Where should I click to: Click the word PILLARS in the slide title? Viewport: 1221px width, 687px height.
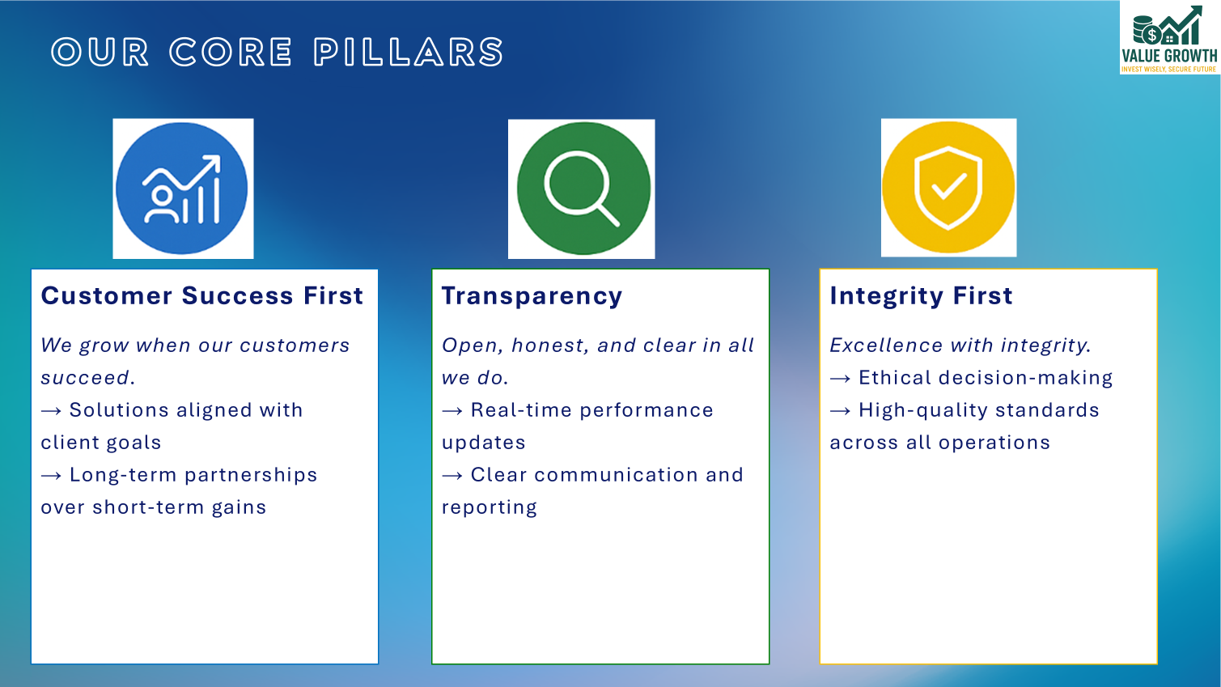pos(409,53)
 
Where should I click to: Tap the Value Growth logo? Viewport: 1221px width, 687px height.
pos(1169,38)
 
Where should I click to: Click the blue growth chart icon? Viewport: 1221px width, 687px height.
pos(183,189)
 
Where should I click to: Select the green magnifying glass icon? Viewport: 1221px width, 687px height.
pos(582,189)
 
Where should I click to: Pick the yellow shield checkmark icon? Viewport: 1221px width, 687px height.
pos(948,188)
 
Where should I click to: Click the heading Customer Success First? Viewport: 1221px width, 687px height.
pos(201,296)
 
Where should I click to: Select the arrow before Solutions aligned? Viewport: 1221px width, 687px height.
pos(51,411)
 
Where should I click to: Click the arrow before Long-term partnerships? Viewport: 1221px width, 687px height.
pos(51,476)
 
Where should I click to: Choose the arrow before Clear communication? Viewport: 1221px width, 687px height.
pos(452,476)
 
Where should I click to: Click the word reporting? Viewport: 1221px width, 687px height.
pos(489,508)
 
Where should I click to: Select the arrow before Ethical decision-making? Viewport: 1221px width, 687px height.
pos(840,379)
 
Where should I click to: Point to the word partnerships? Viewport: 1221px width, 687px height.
pos(251,476)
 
